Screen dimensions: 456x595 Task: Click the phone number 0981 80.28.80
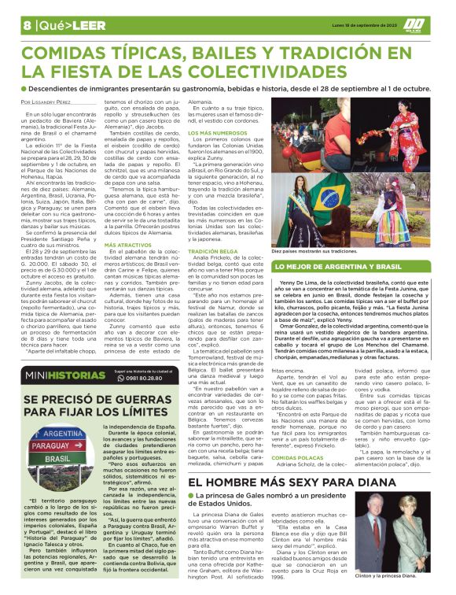tap(160, 379)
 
